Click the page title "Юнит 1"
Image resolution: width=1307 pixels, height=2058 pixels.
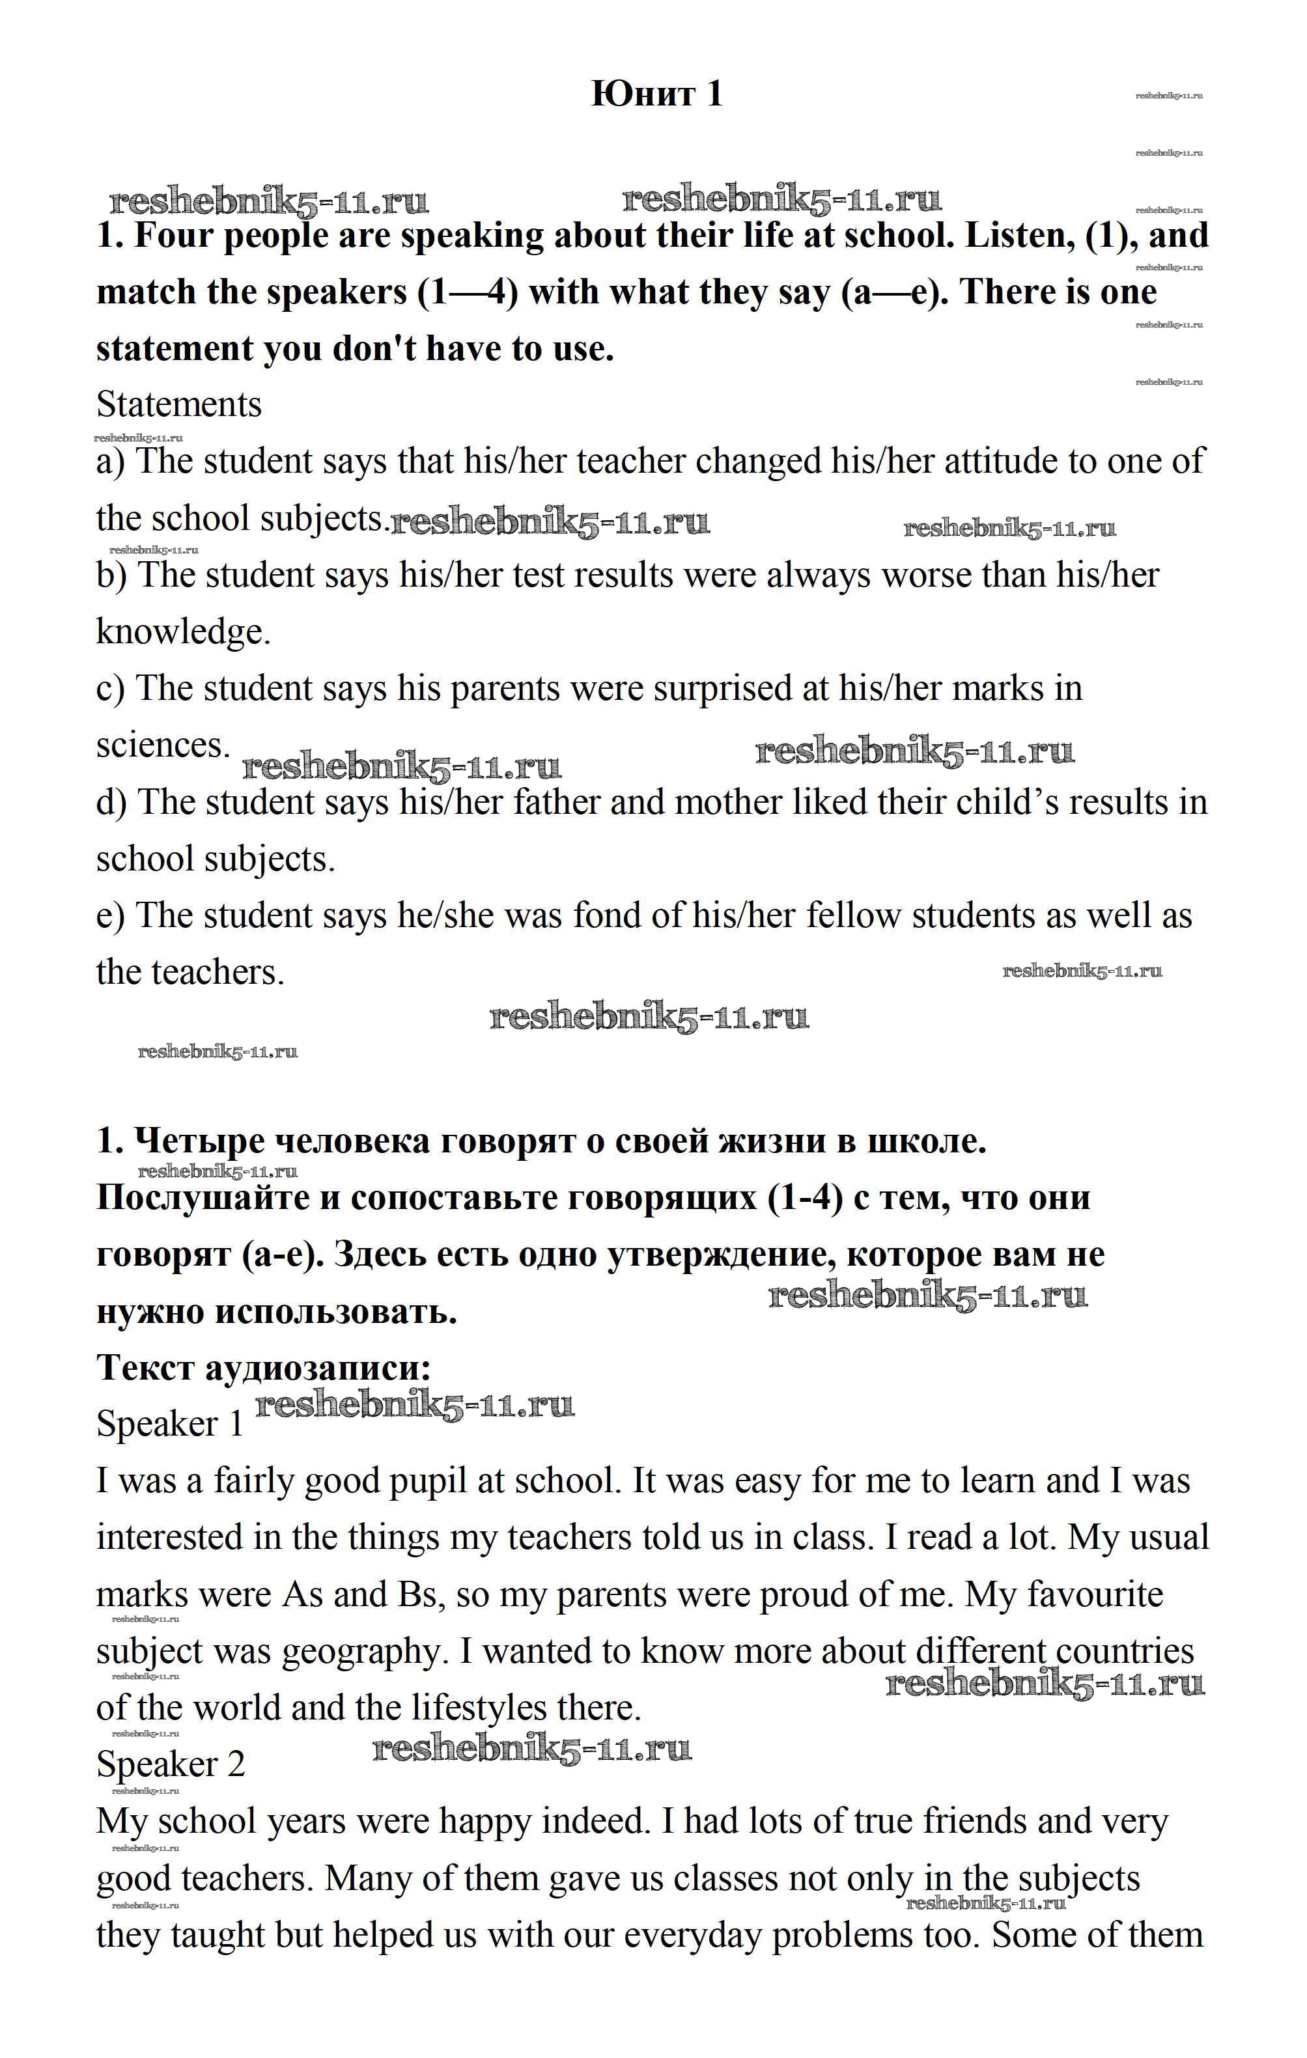click(656, 93)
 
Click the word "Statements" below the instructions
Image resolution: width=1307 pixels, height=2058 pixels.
click(178, 404)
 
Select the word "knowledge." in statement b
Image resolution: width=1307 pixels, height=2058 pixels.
click(183, 632)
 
